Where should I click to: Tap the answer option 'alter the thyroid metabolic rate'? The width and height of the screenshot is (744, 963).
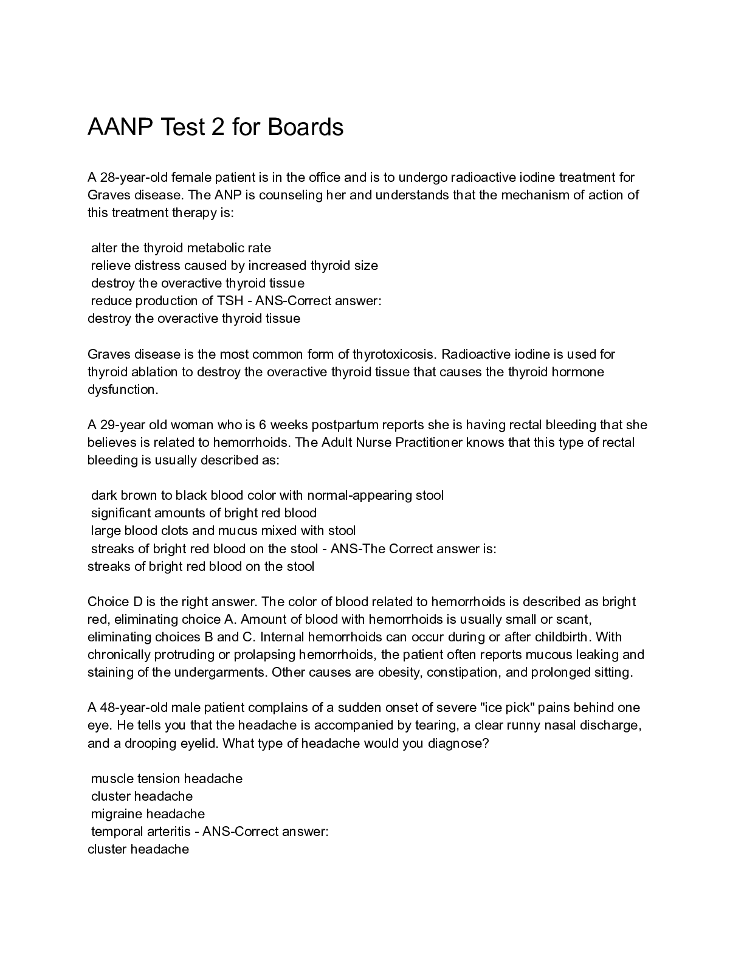[181, 248]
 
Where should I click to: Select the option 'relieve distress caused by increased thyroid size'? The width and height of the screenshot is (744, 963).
[234, 266]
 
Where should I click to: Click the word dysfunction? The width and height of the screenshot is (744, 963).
[122, 390]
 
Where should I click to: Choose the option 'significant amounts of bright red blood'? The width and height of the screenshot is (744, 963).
[204, 513]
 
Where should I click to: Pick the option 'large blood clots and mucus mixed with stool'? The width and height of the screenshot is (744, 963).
[223, 531]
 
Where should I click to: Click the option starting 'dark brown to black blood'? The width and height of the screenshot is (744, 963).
[267, 495]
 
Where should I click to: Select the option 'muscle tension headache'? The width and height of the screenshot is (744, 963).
[167, 779]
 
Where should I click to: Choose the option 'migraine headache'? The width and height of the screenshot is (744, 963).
[148, 814]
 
